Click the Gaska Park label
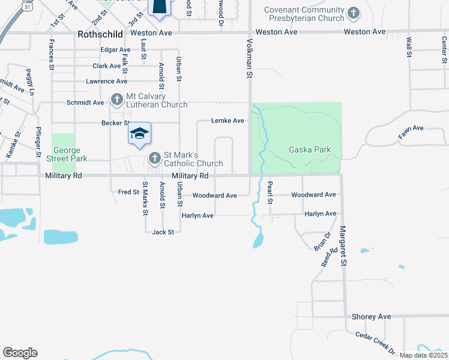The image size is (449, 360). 309,149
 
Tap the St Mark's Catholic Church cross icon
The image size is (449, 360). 154,158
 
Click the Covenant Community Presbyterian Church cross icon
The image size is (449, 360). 354,12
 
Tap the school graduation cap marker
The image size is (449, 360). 139,134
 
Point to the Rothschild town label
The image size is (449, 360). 100,34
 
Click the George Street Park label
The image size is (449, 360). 70,154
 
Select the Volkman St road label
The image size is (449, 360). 248,59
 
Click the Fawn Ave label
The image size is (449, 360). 411,132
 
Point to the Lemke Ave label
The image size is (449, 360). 228,121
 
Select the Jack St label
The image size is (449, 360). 163,232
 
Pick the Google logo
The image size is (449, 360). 20,353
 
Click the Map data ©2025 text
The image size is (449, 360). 423,355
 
